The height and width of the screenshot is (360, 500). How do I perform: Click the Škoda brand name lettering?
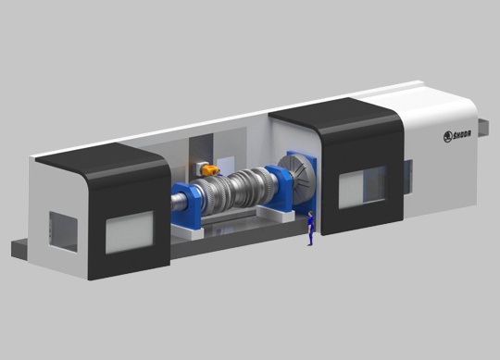point(462,134)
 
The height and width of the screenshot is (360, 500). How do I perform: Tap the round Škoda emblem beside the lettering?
point(448,137)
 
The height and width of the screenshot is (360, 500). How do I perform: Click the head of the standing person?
point(310,214)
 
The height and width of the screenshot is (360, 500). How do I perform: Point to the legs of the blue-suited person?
point(310,238)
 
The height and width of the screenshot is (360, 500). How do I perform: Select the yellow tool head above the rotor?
point(210,170)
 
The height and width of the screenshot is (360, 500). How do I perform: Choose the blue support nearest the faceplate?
point(278,188)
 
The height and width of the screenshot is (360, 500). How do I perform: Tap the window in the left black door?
point(129,232)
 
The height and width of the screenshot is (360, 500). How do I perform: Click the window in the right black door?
point(363,187)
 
